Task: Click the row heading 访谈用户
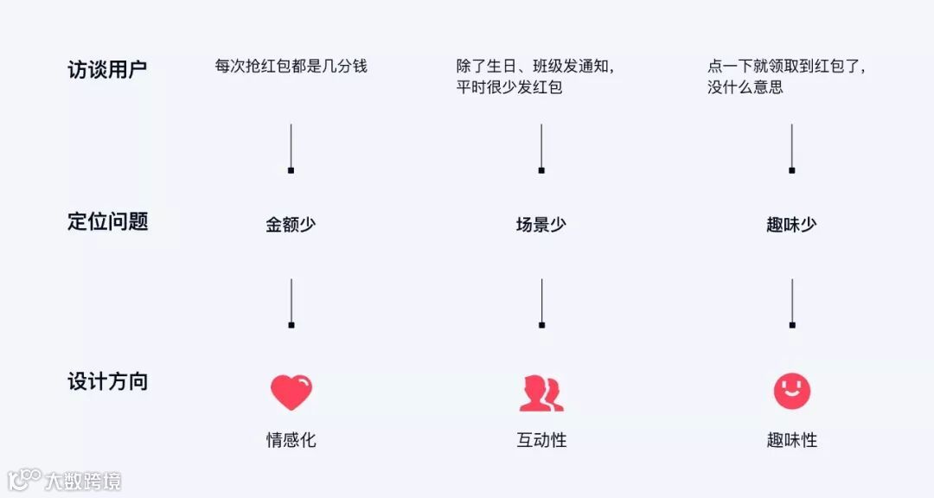click(107, 69)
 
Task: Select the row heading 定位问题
click(107, 221)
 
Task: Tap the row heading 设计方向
click(107, 381)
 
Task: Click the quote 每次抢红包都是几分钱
click(291, 66)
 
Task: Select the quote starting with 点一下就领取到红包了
click(786, 76)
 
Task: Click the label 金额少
click(291, 225)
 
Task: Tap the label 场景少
click(541, 225)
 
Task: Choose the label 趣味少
click(791, 225)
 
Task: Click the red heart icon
click(291, 393)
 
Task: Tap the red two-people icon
click(541, 393)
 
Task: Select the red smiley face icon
click(791, 392)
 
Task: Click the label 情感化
click(291, 440)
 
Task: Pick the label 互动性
click(541, 440)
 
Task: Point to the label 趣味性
click(791, 440)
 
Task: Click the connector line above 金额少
click(291, 148)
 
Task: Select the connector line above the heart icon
click(291, 303)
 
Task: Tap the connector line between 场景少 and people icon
click(541, 303)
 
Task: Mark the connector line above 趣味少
click(791, 148)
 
